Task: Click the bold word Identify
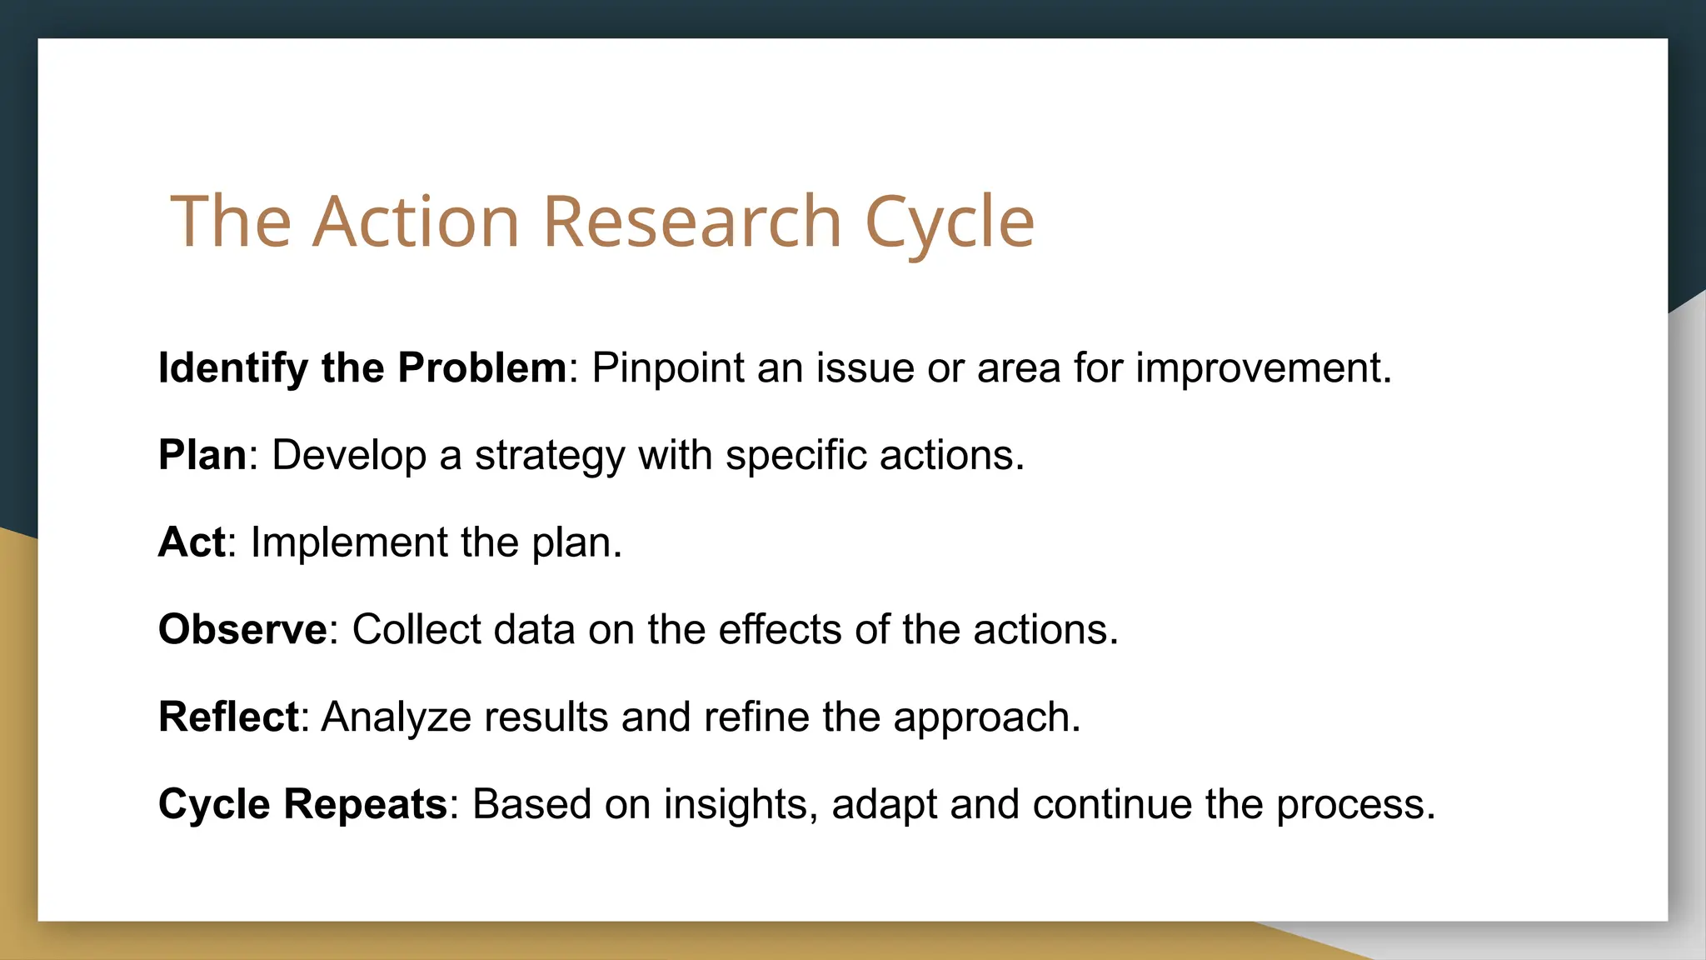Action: [x=233, y=368]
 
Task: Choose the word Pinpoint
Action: [x=668, y=368]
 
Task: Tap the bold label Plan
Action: [x=202, y=455]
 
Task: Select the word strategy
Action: [x=550, y=457]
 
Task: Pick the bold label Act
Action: [x=192, y=542]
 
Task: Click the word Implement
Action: [x=349, y=543]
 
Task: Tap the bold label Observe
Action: [x=242, y=629]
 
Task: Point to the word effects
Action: [x=780, y=629]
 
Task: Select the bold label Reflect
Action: [x=228, y=717]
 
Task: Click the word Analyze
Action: [x=397, y=718]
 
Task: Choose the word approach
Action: [x=986, y=718]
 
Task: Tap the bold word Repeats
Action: [x=365, y=805]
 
